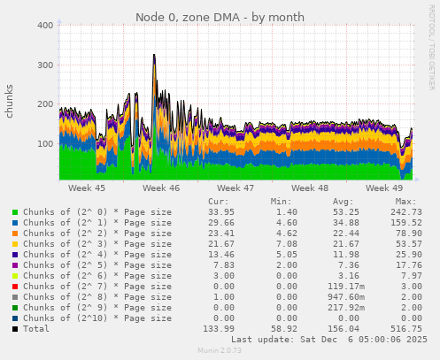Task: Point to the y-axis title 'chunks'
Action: (10, 102)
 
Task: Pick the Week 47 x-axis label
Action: (235, 188)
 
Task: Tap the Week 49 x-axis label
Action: (383, 188)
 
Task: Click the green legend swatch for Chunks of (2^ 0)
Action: (15, 212)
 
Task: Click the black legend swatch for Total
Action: (15, 328)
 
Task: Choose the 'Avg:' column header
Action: (342, 202)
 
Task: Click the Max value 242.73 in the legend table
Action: (405, 212)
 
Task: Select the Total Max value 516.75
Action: (405, 328)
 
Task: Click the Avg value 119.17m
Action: (342, 286)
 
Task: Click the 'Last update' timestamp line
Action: (328, 339)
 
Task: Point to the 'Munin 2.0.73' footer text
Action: (219, 351)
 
